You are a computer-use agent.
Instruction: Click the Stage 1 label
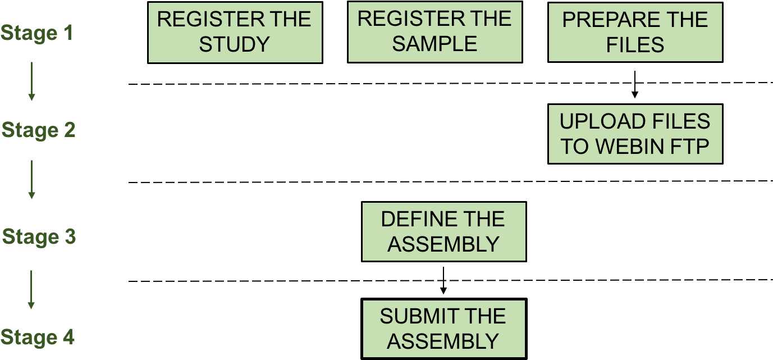(x=37, y=33)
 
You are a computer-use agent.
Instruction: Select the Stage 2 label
(x=38, y=130)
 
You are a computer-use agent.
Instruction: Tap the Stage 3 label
(x=39, y=236)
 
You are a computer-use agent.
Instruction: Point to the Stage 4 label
(x=37, y=338)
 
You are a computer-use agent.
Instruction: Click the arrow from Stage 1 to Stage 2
(x=31, y=81)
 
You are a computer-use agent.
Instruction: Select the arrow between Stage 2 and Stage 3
(x=31, y=179)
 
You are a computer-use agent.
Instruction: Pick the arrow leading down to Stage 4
(x=31, y=289)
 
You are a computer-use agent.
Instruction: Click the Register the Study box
(x=235, y=32)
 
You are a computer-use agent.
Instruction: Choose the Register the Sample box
(x=434, y=32)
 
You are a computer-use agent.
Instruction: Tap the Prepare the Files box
(x=635, y=32)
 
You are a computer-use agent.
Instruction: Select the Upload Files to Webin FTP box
(x=635, y=134)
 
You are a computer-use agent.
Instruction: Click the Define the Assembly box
(x=443, y=231)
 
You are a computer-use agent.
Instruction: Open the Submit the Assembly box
(x=443, y=329)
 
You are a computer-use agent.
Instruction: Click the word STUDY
(x=234, y=44)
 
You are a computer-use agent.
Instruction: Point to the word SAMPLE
(x=434, y=44)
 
